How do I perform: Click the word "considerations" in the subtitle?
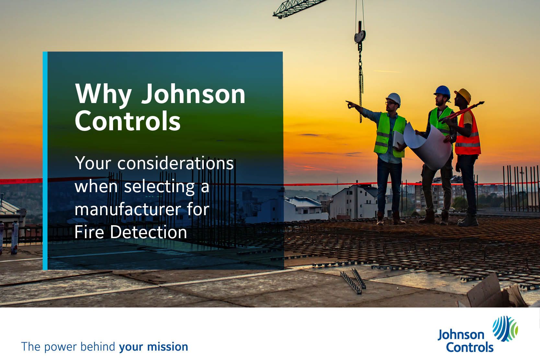click(176, 163)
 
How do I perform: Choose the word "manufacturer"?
click(128, 209)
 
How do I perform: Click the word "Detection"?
click(148, 232)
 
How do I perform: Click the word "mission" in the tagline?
click(167, 347)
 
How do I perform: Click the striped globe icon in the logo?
click(505, 329)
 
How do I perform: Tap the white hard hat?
click(394, 99)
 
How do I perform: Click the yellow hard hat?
click(463, 95)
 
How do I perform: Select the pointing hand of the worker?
click(350, 104)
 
